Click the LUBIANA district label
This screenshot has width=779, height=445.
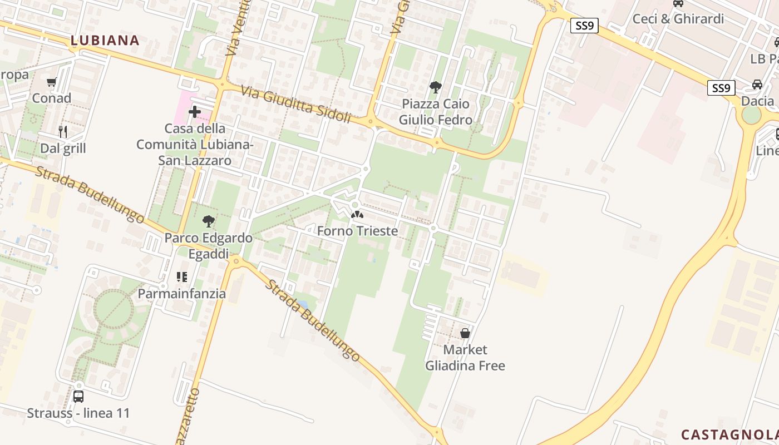[105, 40]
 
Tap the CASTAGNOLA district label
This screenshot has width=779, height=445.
[729, 434]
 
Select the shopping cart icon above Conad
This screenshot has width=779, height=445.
[52, 82]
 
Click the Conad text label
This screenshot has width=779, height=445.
[52, 98]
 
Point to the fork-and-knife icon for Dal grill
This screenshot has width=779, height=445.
[63, 132]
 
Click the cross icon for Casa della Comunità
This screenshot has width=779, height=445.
[195, 112]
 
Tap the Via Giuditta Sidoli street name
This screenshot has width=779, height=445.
[296, 104]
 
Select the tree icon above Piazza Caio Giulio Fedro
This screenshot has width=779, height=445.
[436, 87]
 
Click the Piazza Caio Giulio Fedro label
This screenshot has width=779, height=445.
[436, 112]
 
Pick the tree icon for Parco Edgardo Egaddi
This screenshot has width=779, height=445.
[209, 221]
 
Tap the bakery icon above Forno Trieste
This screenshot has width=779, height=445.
[357, 215]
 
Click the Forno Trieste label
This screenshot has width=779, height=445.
[357, 231]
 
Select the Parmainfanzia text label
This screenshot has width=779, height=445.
[182, 293]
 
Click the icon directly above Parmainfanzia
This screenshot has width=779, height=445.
[181, 276]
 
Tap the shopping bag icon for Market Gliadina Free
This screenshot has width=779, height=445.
[465, 333]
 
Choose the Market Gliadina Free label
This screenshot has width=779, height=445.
[465, 358]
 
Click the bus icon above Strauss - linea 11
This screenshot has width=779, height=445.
[78, 397]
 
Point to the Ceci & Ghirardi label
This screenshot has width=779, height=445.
[678, 19]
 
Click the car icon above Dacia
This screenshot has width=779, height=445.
[757, 85]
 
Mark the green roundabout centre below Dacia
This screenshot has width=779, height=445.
[751, 115]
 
